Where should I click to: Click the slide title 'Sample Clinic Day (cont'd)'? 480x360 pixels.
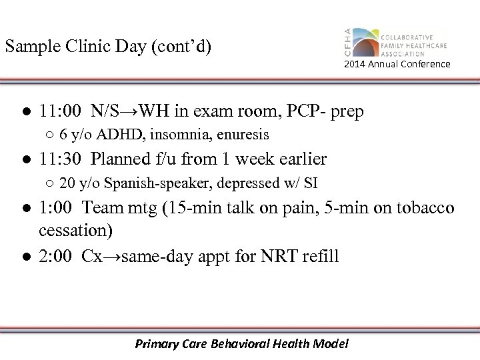[107, 47]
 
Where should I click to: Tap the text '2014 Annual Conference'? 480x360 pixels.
[397, 64]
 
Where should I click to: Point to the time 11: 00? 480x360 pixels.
[61, 111]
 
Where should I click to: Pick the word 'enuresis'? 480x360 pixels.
[245, 135]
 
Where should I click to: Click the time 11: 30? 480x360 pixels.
[61, 159]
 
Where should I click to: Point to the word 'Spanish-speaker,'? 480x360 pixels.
[139, 184]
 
